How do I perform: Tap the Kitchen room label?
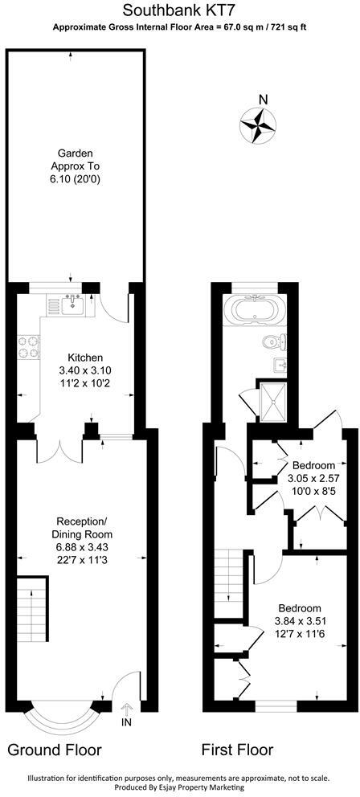85,358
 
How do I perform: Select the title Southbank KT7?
179,10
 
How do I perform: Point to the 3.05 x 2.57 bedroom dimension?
313,480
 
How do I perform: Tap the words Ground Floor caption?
55,750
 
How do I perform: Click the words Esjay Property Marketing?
215,788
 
